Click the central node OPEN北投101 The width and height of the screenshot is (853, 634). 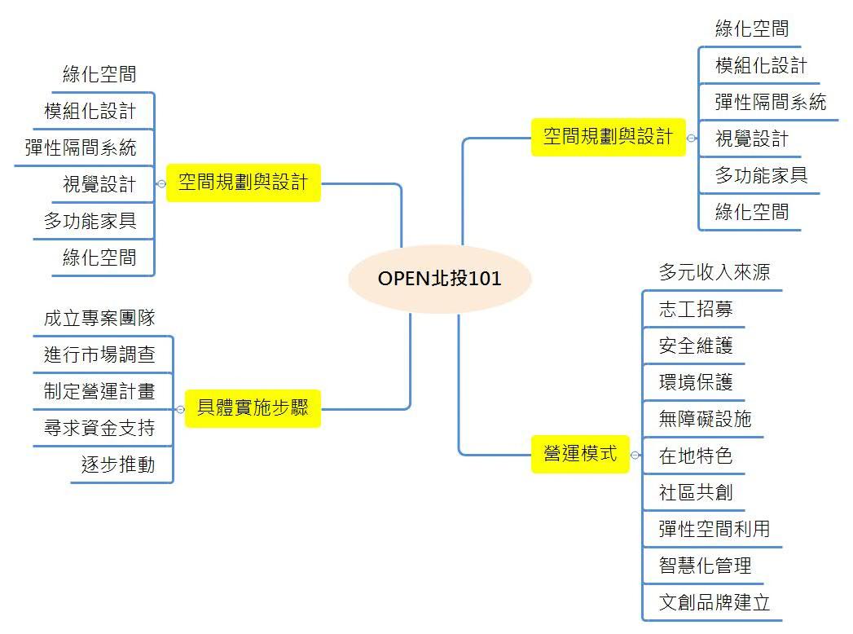[x=439, y=279]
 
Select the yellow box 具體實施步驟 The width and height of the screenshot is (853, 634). [x=253, y=408]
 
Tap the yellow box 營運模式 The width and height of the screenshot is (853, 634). [x=580, y=454]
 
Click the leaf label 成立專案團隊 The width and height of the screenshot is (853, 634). [x=99, y=318]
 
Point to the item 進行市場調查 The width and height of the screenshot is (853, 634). [x=99, y=354]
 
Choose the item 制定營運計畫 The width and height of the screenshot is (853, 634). [x=99, y=391]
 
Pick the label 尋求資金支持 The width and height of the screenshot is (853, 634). [x=99, y=428]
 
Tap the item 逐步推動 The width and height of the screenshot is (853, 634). [x=118, y=465]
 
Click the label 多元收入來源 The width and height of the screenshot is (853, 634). [x=714, y=272]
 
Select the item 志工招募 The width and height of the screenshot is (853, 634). [x=696, y=309]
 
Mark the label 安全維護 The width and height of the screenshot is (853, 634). [x=696, y=346]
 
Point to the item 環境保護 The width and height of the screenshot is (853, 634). [x=696, y=382]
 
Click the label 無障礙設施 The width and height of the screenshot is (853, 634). [x=705, y=419]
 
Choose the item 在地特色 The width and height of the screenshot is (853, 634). [x=696, y=456]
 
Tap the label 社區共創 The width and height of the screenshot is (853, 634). [x=696, y=492]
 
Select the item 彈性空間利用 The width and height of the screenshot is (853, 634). [x=714, y=529]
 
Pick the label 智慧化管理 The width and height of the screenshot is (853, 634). [x=705, y=566]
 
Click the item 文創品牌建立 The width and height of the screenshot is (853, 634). [x=714, y=603]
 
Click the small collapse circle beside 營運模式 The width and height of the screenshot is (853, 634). [x=635, y=455]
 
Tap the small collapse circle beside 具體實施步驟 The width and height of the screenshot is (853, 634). [x=180, y=409]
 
